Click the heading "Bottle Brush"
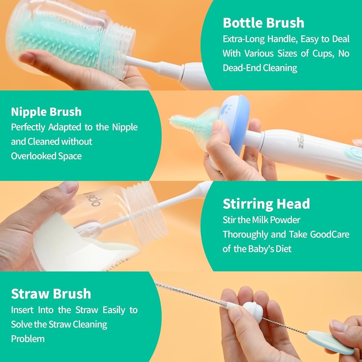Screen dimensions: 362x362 (263, 23)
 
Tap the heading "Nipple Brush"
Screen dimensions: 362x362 (46, 112)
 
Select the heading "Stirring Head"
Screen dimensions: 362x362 (266, 204)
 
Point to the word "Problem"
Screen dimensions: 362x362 (28, 339)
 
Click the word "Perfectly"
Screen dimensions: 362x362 (28, 128)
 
